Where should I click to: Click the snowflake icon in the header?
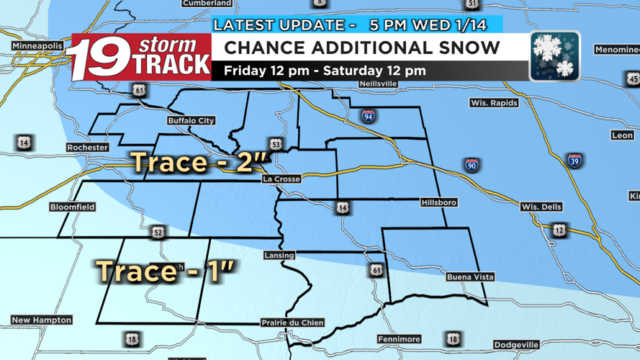(554, 56)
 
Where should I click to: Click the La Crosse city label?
(281, 179)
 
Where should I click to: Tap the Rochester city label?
(86, 148)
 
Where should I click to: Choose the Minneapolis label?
(36, 46)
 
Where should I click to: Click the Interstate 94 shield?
(368, 115)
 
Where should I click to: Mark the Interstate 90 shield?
(472, 165)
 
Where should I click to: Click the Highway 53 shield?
(276, 143)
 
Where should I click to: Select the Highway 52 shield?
(158, 232)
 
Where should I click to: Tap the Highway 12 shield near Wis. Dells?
(559, 230)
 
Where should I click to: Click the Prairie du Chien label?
(292, 323)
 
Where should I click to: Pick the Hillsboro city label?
(439, 203)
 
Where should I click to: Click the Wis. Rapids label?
(494, 103)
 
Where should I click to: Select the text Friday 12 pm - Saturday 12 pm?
(325, 71)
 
